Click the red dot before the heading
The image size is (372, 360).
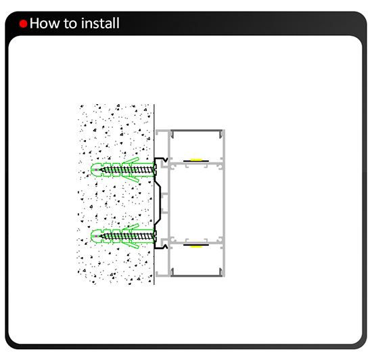coord(23,24)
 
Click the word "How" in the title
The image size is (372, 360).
coord(45,23)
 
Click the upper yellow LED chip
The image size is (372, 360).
coord(196,160)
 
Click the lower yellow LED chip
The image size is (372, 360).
coord(196,246)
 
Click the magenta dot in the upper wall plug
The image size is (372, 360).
coord(96,170)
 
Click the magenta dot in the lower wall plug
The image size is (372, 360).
coord(96,236)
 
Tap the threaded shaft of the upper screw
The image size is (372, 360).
coord(127,170)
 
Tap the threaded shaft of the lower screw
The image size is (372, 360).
coord(127,236)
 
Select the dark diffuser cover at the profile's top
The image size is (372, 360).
coord(196,131)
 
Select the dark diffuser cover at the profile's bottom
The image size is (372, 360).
coord(196,275)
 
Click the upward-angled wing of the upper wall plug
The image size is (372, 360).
coord(131,160)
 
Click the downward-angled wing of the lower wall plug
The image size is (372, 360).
coord(131,245)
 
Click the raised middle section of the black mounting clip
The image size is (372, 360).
coord(160,203)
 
